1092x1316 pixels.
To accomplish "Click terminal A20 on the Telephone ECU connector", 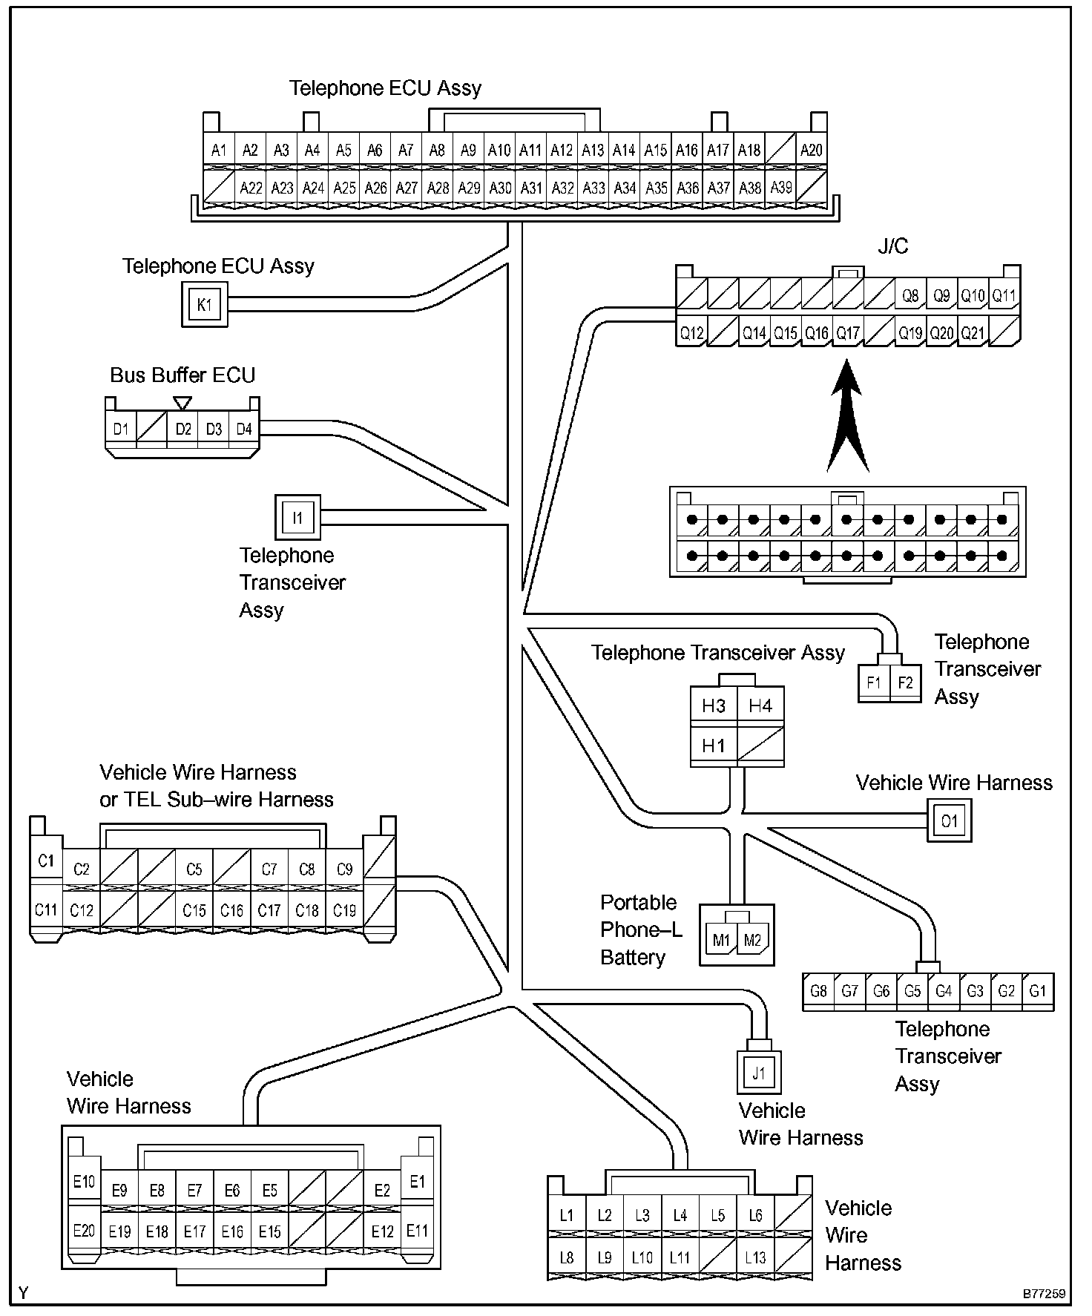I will pos(811,150).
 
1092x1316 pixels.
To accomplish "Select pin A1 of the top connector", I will pos(219,150).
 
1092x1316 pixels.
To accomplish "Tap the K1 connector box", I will pos(205,305).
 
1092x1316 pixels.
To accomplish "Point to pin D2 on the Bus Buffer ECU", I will pos(183,429).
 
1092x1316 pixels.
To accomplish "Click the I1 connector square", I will pos(297,518).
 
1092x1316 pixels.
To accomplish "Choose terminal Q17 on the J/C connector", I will pos(848,333).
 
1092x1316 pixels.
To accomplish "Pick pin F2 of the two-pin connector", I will pos(905,682).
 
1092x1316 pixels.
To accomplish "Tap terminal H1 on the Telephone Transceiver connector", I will pos(713,746).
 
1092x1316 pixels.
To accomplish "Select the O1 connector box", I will pos(949,821).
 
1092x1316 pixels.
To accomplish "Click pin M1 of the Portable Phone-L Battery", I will pos(721,941).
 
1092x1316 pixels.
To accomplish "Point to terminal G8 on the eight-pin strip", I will pos(818,991).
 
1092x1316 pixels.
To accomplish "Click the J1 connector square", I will pos(758,1073).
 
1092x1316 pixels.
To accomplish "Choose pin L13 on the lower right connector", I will pos(755,1257).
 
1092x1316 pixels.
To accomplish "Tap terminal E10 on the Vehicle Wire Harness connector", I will pos(84,1182).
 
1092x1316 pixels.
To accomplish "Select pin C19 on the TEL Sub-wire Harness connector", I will pos(344,910).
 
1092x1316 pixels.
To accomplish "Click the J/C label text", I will pos(892,246).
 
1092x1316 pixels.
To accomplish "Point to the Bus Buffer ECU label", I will pos(182,375).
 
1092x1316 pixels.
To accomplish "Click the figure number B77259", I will pos(1044,1294).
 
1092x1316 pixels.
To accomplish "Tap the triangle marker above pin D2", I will pos(182,403).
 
